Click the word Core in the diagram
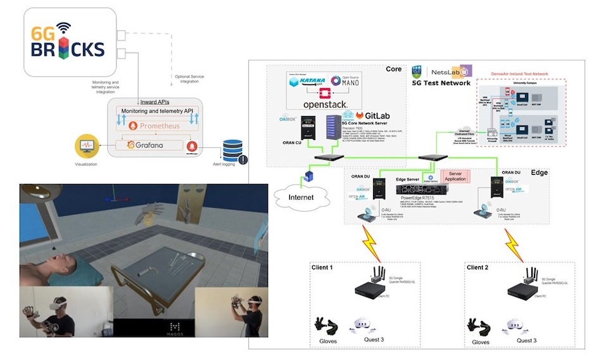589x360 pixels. point(393,69)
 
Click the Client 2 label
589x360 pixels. point(479,267)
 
